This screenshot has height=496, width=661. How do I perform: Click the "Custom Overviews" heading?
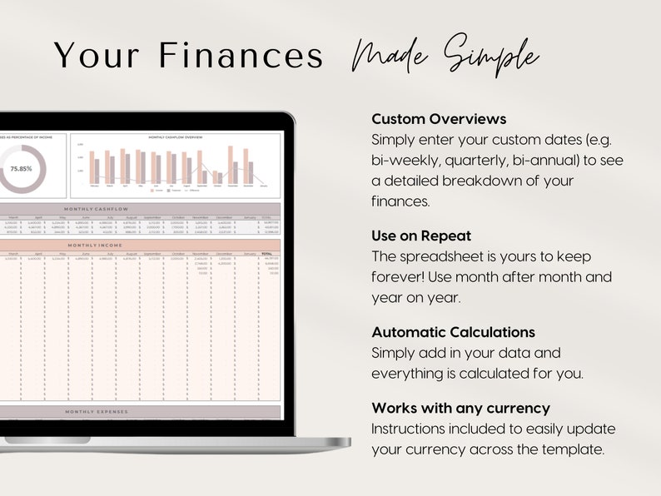(x=439, y=119)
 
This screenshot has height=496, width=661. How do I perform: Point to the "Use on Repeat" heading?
(x=421, y=236)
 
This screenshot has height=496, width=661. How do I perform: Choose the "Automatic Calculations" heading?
(x=454, y=333)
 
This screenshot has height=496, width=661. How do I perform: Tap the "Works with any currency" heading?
(x=460, y=409)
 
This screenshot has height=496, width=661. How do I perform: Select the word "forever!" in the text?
(x=400, y=276)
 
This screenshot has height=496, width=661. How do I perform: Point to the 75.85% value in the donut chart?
(x=22, y=168)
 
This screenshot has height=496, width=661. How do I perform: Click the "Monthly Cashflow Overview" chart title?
(x=175, y=136)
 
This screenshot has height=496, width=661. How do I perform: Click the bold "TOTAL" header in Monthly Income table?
(x=267, y=254)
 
